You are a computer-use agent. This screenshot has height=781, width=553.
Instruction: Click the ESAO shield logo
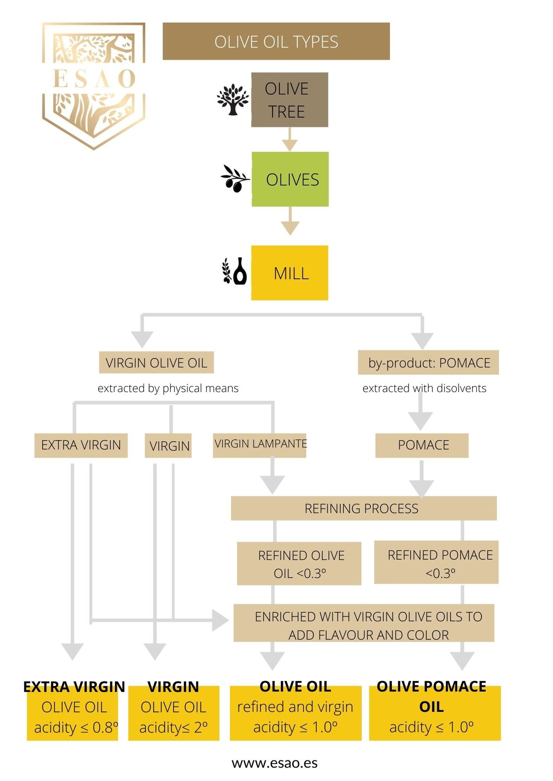(x=93, y=85)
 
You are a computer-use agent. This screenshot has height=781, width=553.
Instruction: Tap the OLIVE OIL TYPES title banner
(x=276, y=42)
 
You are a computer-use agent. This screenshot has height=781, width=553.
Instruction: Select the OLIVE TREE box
(x=289, y=100)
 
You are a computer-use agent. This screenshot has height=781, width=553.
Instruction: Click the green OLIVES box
(x=290, y=179)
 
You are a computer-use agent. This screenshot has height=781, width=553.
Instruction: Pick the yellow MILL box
(x=289, y=273)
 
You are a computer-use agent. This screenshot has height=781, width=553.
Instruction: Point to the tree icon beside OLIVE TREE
(x=232, y=99)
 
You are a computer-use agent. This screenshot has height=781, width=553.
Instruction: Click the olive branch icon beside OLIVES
(x=235, y=178)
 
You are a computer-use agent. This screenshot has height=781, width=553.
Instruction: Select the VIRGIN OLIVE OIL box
(x=156, y=363)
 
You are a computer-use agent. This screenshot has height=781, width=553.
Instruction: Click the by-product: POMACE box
(x=428, y=363)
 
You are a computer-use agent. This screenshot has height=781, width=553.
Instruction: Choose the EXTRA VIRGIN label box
(x=81, y=445)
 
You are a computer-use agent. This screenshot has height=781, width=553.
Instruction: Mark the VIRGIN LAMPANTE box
(x=259, y=445)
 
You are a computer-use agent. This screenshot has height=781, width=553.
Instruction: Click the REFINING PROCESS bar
(x=363, y=508)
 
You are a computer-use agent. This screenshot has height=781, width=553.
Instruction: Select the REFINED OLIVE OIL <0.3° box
(x=299, y=563)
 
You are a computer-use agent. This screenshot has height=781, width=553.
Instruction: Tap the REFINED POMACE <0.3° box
(x=436, y=563)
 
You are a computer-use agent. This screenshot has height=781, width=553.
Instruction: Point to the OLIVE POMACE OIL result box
(x=434, y=712)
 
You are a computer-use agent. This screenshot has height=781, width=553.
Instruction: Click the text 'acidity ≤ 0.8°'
(x=76, y=727)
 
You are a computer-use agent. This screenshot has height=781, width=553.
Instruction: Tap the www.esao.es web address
(x=274, y=763)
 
